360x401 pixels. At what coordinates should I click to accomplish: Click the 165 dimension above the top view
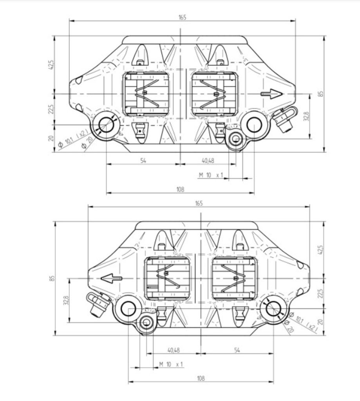click(182, 17)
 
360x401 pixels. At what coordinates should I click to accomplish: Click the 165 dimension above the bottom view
click(199, 203)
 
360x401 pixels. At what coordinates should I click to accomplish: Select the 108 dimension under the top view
click(180, 190)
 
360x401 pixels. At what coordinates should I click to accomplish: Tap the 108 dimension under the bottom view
click(201, 378)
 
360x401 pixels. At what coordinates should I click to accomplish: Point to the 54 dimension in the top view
click(143, 161)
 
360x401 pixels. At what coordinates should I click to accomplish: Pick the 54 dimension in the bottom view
click(237, 350)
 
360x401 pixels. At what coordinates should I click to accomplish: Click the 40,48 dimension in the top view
click(208, 161)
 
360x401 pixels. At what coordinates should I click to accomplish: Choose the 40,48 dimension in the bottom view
click(174, 350)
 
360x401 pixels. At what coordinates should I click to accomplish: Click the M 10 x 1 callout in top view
click(211, 175)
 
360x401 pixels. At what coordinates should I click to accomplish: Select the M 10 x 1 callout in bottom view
click(171, 364)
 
